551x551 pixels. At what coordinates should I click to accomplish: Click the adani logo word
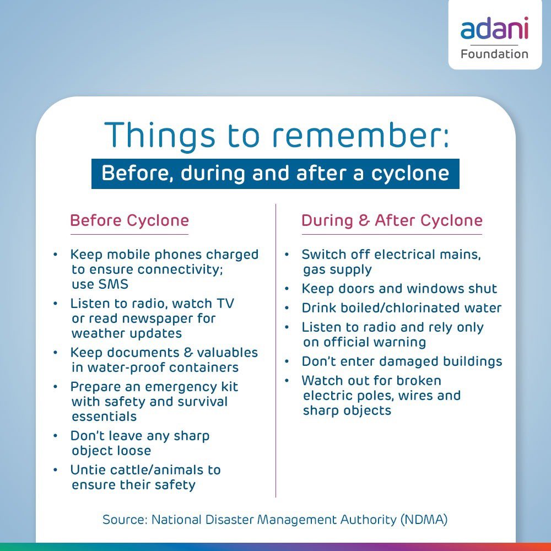pos(494,29)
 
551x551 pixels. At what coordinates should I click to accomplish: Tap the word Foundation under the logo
pos(494,54)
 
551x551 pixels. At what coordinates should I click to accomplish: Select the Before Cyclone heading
pos(129,221)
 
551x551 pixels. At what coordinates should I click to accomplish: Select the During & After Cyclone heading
pos(392,221)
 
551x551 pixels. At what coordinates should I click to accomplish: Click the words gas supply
pos(337,270)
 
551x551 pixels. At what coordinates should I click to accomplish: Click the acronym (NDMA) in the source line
pos(424,519)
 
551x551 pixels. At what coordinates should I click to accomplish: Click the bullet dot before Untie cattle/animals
pos(55,470)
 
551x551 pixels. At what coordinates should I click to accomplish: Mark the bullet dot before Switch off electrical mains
pos(287,255)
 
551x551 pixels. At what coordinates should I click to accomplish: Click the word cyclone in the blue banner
pos(410,174)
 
